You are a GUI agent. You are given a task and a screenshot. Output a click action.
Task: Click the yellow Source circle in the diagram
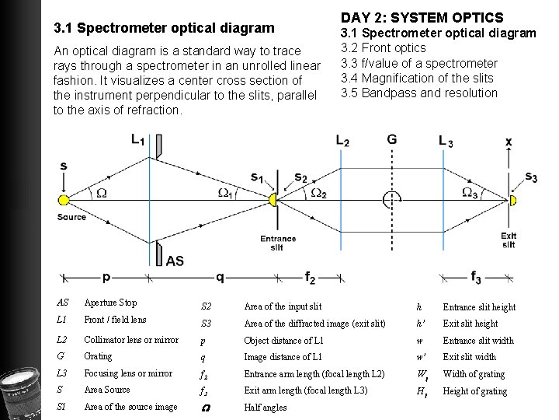[64, 201]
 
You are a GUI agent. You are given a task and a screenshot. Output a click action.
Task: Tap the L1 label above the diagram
[138, 141]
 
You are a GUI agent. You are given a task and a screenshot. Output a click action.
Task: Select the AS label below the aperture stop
[175, 261]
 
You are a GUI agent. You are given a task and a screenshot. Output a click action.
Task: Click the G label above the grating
[391, 141]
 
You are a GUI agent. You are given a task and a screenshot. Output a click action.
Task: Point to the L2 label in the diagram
[342, 141]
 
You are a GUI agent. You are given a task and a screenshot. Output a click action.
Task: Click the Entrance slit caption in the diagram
[277, 243]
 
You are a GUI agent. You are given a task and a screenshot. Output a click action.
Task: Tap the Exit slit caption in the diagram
[509, 240]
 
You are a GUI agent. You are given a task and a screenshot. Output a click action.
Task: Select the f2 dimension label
[311, 276]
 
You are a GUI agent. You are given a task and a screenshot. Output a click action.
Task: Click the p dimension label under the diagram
[106, 277]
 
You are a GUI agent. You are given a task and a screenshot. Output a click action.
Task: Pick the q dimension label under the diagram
[220, 276]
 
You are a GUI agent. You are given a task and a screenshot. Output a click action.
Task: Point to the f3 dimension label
[476, 276]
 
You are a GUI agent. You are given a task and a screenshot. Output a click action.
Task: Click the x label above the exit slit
[509, 142]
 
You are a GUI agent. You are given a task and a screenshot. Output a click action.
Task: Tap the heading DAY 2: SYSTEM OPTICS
[422, 17]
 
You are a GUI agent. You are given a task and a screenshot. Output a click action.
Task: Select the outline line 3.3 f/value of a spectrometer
[419, 63]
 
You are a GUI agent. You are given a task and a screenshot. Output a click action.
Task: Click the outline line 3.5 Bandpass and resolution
[419, 93]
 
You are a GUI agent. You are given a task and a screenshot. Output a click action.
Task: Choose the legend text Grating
[98, 356]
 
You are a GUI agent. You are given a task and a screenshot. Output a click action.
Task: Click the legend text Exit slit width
[469, 357]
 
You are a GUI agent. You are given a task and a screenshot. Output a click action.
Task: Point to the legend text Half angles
[265, 407]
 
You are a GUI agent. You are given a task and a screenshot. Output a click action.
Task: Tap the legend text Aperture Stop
[110, 303]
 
